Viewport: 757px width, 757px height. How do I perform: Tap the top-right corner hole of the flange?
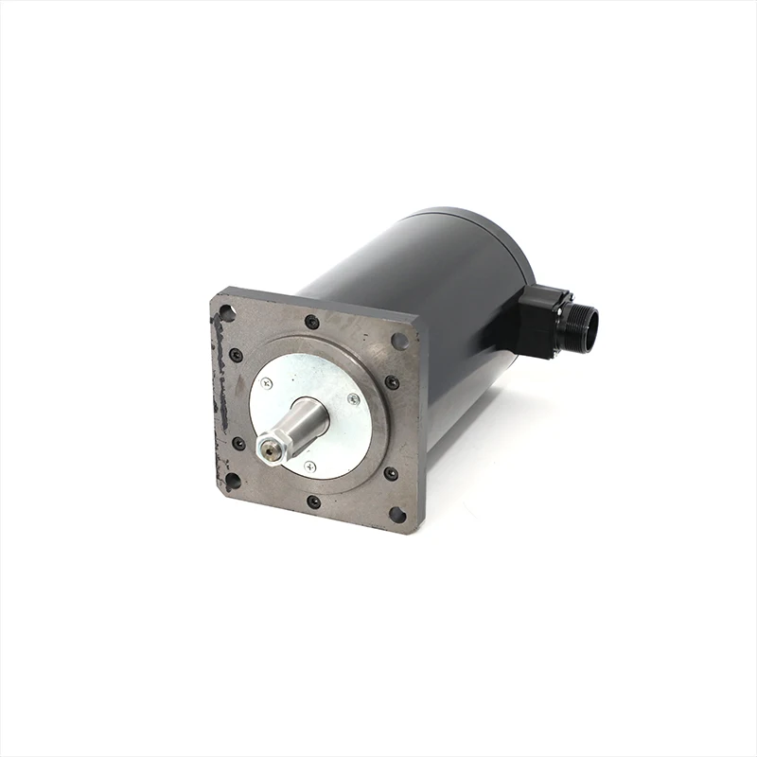pos(400,341)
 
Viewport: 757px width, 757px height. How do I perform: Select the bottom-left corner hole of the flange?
pos(232,481)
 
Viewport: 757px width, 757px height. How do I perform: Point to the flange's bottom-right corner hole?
pos(397,515)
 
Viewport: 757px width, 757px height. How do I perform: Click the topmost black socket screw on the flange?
pos(311,323)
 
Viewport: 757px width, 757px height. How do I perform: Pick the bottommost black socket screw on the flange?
pos(313,502)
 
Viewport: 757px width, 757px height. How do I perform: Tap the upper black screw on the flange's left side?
pos(236,356)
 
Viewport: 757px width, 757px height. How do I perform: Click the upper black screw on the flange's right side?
pos(391,383)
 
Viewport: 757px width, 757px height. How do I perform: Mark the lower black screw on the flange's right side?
pos(390,473)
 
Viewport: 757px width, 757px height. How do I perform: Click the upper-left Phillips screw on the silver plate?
pos(266,383)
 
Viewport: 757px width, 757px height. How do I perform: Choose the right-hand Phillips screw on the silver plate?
pos(353,400)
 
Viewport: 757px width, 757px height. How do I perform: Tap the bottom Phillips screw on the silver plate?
pos(309,467)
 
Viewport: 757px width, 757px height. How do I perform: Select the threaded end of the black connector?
pos(581,326)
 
